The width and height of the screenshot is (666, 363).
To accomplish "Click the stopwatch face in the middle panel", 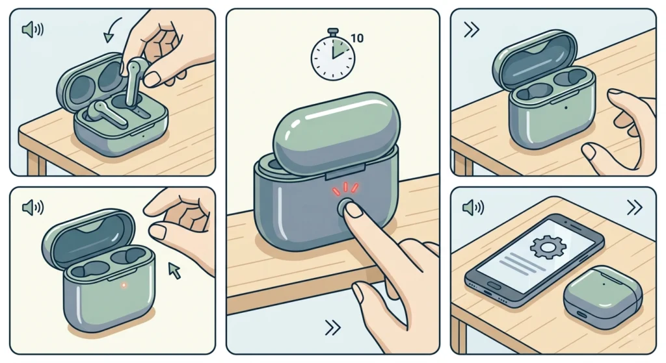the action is (333, 58).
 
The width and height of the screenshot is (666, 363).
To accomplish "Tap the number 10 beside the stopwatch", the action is (357, 38).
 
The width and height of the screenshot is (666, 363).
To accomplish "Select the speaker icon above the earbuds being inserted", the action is (33, 30).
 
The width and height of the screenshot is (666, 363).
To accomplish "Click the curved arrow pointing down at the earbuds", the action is (112, 30).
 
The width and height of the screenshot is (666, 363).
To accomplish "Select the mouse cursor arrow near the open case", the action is (174, 270).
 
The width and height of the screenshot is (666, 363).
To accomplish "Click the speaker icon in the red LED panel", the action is (33, 208).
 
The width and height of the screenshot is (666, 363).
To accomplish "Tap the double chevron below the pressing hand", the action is (332, 328).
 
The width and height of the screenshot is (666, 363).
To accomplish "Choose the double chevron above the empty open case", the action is (472, 30).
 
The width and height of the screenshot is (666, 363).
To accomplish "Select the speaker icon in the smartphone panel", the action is (473, 208).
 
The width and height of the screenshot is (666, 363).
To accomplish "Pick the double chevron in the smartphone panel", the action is (634, 208).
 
